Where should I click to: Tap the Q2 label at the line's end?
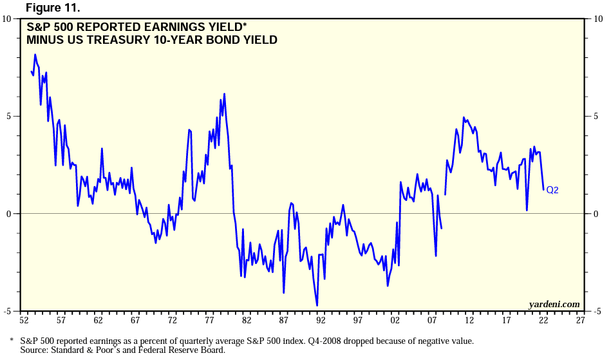[x=552, y=190]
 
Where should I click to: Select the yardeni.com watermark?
[x=554, y=304]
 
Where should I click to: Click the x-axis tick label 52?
[x=24, y=320]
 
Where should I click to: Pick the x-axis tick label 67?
[x=135, y=320]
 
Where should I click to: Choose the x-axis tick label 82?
[x=246, y=320]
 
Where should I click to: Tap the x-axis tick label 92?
[x=321, y=320]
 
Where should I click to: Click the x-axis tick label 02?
[x=395, y=320]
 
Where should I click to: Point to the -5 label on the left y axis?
[x=6, y=311]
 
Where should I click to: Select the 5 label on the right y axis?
[x=596, y=117]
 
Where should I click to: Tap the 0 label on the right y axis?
[x=596, y=214]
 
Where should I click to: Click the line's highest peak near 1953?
[x=35, y=55]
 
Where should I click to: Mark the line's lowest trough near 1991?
[x=317, y=305]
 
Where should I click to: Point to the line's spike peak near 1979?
[x=224, y=94]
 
